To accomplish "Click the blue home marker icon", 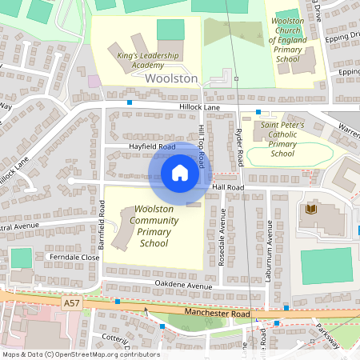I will (180, 172).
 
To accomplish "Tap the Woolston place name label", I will (171, 78).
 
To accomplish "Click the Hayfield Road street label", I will (151, 147).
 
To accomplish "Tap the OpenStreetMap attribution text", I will (80, 354).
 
